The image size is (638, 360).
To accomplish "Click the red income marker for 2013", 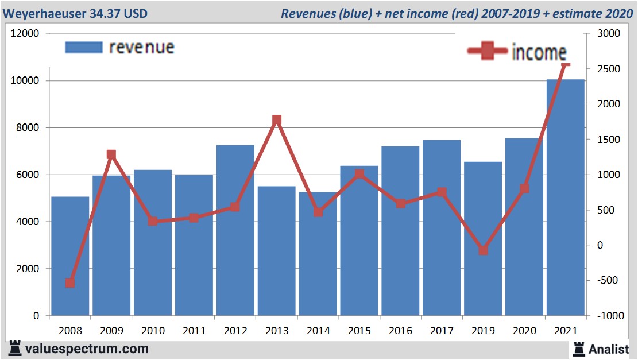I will tap(276, 120).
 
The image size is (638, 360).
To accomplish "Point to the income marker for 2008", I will tap(70, 282).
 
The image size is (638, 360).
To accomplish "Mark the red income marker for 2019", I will tap(483, 250).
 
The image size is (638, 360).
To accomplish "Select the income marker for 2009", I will tap(111, 154).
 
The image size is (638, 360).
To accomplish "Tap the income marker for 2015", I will tap(359, 174).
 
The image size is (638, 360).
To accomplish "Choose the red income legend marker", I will tap(488, 51).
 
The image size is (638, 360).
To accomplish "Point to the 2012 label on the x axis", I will tap(235, 331).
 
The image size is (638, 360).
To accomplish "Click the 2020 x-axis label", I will tap(524, 331).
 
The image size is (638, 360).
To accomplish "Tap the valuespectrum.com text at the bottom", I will tap(87, 349).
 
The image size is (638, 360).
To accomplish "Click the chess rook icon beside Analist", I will tap(578, 348).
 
